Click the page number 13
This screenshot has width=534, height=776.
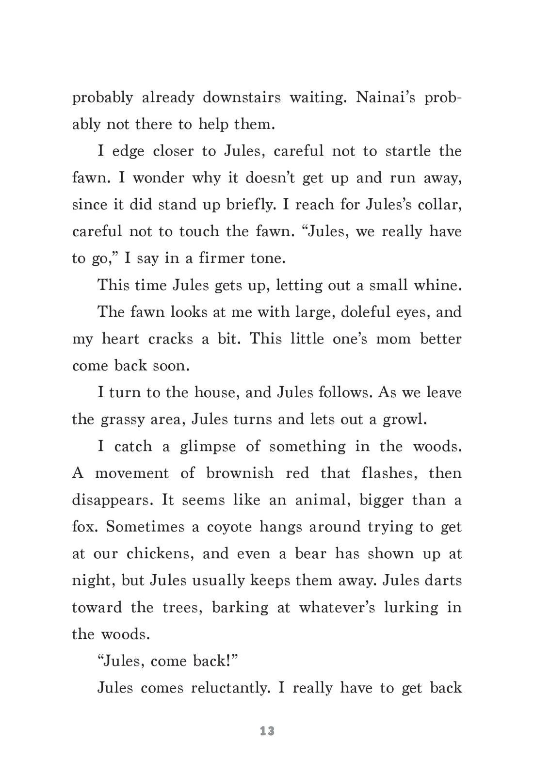click(x=267, y=731)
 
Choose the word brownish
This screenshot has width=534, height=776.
click(x=240, y=473)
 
